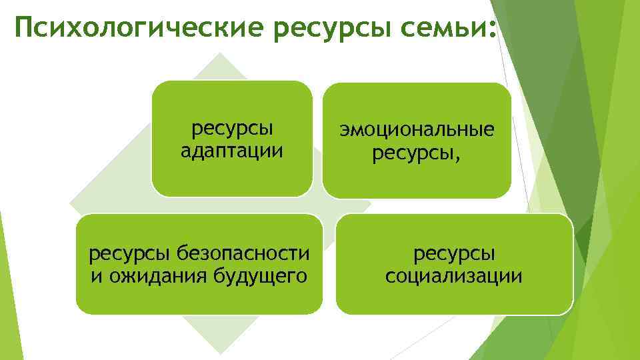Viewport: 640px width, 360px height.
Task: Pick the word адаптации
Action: [232, 151]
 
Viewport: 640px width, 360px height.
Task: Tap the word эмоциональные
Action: [417, 131]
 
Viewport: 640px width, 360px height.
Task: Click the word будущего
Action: [259, 275]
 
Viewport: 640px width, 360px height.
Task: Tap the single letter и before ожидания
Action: [97, 275]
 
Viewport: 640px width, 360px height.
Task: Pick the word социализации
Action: [454, 275]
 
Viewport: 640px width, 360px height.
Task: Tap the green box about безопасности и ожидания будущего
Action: [199, 297]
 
